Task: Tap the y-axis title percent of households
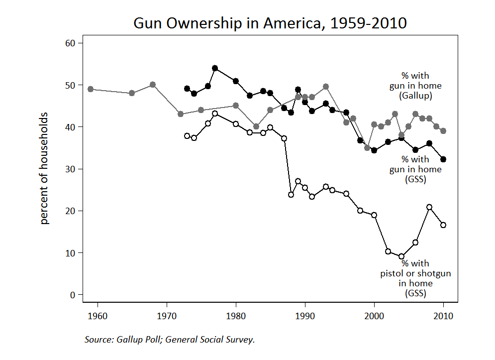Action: point(45,168)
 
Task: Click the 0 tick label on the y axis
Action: point(72,295)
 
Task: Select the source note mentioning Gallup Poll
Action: point(170,340)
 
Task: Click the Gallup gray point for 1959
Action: point(91,89)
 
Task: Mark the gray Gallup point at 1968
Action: point(153,85)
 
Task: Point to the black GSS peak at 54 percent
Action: point(215,68)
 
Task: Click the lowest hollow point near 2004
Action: point(401,256)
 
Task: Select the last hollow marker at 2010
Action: point(443,225)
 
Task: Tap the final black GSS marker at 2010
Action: point(443,159)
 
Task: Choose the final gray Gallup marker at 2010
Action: point(443,131)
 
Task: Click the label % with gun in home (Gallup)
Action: point(415,85)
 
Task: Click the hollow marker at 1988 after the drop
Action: point(291,195)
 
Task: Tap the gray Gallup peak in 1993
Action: point(326,87)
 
